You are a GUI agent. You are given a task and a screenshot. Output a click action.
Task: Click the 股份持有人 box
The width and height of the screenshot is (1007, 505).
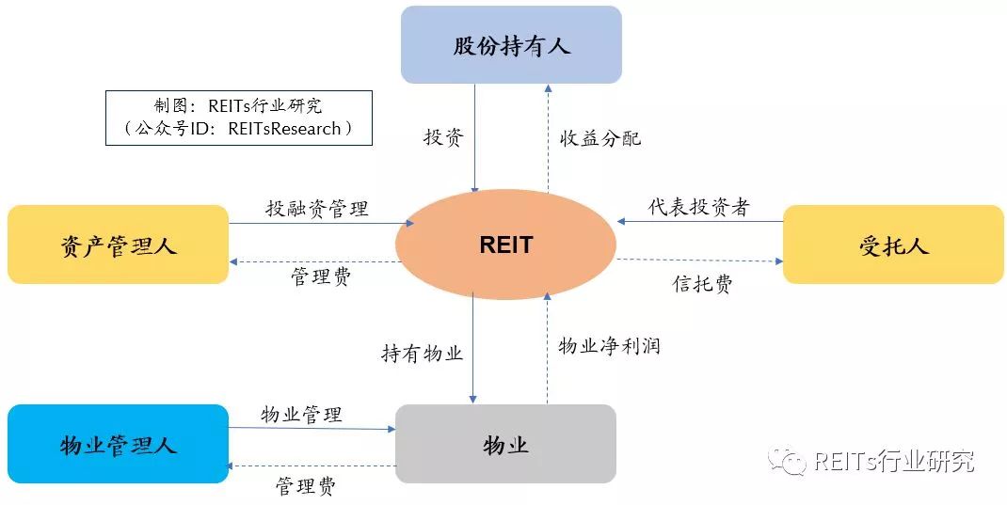coord(511,45)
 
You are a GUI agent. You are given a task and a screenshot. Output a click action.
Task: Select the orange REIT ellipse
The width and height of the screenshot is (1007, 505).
coord(505,245)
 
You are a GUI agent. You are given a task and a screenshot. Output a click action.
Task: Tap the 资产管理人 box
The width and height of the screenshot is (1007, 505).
coord(118,245)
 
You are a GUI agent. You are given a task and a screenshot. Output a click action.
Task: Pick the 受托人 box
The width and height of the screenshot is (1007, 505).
coord(893,245)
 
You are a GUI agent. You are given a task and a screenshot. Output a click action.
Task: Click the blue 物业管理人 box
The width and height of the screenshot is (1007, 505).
coord(118,444)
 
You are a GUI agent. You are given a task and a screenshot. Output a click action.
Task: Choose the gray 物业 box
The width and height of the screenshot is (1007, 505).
coord(505,444)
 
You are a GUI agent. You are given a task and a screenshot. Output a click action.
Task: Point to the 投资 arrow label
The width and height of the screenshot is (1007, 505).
coord(443,137)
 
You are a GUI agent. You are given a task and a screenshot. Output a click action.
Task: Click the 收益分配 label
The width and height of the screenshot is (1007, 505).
coord(594,137)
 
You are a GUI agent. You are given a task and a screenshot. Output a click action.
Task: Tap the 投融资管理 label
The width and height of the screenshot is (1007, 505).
coord(316,209)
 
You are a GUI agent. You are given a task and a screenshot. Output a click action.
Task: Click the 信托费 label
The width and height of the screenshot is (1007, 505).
coord(702,284)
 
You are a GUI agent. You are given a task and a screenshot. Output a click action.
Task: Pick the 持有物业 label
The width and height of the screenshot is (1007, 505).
coord(422,354)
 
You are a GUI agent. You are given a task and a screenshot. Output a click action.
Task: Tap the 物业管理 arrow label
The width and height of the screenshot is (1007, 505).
coord(301,414)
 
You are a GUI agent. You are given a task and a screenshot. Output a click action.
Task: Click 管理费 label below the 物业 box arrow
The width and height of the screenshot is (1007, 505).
coord(305,486)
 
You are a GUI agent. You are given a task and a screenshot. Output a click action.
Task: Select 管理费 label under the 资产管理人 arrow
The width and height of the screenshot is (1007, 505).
coord(320,277)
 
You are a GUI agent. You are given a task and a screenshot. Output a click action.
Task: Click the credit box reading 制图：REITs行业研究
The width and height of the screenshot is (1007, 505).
coord(238,118)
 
